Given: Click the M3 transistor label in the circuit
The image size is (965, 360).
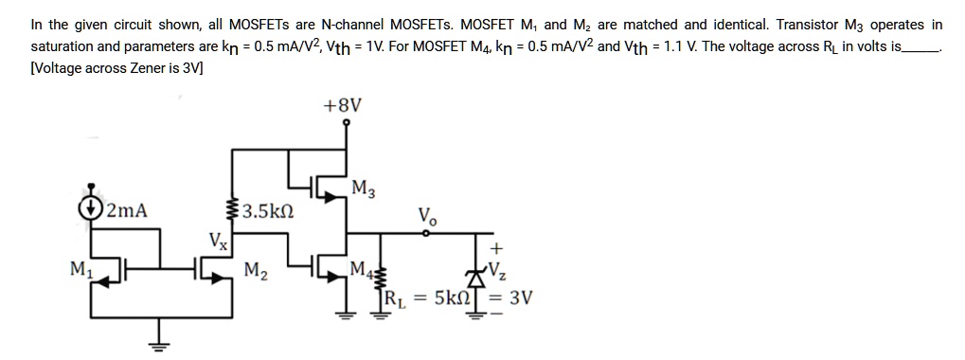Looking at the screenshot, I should pyautogui.click(x=362, y=187).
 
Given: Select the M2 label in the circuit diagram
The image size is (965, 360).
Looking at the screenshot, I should pyautogui.click(x=255, y=272).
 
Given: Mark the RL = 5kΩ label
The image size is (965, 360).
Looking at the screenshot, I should pyautogui.click(x=424, y=298).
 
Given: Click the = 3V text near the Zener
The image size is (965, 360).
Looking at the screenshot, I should pyautogui.click(x=517, y=298).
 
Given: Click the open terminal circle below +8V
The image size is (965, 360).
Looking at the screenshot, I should pyautogui.click(x=346, y=122).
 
